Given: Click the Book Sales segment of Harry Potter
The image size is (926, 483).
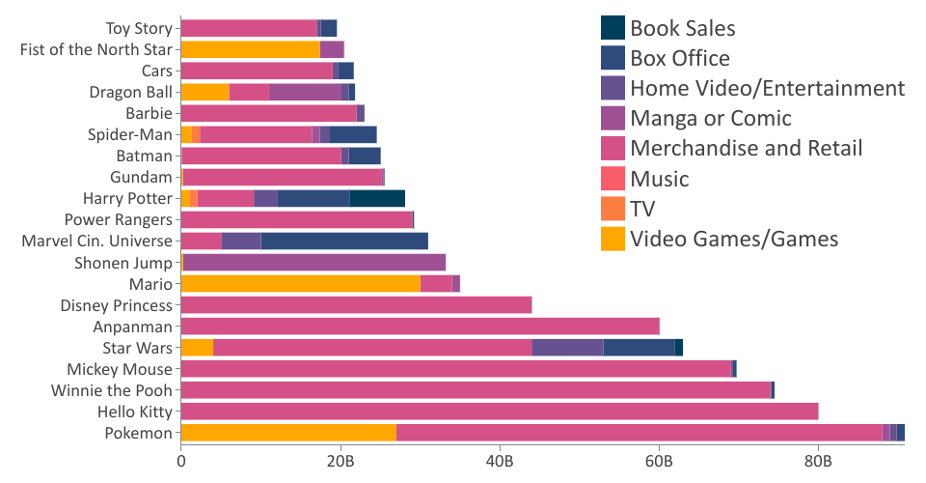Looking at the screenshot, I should click(377, 198).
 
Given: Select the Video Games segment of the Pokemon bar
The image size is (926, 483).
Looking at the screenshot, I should click(288, 433).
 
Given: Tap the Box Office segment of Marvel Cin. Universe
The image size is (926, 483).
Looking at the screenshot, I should click(344, 241).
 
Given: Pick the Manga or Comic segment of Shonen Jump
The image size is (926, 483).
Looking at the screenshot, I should click(314, 262).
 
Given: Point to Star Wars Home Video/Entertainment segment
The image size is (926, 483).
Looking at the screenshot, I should click(567, 348).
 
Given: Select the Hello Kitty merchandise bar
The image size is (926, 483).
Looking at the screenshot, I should click(500, 412).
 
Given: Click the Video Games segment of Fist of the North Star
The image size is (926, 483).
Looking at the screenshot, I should click(250, 49).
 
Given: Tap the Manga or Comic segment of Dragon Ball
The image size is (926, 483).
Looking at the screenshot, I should click(305, 92).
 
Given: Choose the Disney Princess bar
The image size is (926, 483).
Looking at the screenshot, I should click(356, 305).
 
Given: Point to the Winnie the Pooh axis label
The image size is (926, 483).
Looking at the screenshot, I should click(112, 390).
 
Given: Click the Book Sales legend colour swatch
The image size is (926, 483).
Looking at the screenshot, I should click(613, 28).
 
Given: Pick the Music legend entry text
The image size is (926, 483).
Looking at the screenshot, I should click(659, 179).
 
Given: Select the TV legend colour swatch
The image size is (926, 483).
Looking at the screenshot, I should click(613, 209).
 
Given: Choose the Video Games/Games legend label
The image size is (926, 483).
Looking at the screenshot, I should click(734, 239).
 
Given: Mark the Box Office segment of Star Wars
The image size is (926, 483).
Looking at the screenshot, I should click(639, 348).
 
